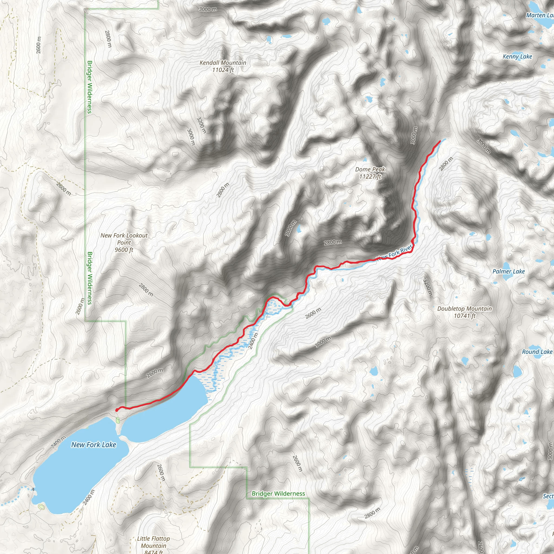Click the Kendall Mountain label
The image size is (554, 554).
pos(223,66)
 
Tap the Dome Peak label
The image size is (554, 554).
pos(370,173)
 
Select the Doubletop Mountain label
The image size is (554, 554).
pos(464,312)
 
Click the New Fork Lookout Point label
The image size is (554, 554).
pos(124,242)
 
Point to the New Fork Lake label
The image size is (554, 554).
pos(94,445)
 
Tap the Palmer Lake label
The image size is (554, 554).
pos(508,271)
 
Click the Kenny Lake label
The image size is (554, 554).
pos(517,57)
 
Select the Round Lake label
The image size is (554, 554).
pos(537,352)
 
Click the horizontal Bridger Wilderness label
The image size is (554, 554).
pos(278,493)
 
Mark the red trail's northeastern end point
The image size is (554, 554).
pos(440,141)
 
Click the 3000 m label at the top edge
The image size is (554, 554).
pos(208,9)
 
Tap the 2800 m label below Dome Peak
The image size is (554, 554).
pos(333,242)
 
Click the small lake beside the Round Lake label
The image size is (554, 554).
pos(517,371)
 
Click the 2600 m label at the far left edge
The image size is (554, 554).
pos(39,45)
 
